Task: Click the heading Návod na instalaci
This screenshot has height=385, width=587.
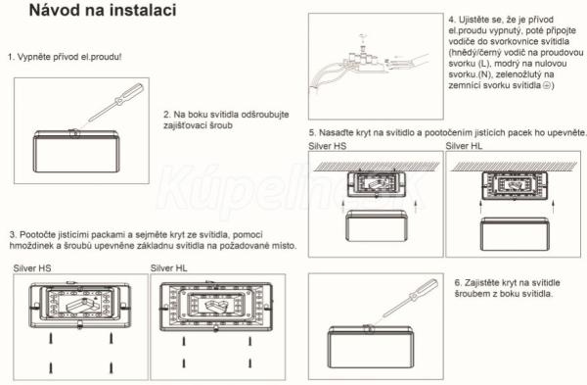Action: click(x=103, y=10)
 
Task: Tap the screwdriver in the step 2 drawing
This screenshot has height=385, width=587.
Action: click(x=115, y=103)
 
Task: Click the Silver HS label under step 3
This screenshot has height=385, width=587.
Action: click(x=32, y=268)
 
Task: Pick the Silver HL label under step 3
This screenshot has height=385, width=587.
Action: click(x=169, y=268)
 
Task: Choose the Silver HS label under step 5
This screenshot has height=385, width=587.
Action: click(x=328, y=146)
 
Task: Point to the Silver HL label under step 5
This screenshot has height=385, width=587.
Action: click(x=464, y=146)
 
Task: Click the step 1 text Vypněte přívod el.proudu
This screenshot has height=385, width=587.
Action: click(x=65, y=57)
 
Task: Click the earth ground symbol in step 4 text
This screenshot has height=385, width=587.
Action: click(x=547, y=85)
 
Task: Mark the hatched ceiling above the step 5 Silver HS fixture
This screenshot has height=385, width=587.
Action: click(x=377, y=167)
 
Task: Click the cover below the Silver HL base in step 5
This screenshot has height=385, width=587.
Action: click(x=516, y=235)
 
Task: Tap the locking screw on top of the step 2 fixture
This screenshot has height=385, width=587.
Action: click(x=74, y=132)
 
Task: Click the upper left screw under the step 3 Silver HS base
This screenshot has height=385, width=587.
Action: click(x=51, y=339)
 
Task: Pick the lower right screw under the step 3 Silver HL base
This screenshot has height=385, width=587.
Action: click(x=249, y=362)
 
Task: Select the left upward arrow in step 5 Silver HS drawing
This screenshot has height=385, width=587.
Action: click(x=343, y=206)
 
